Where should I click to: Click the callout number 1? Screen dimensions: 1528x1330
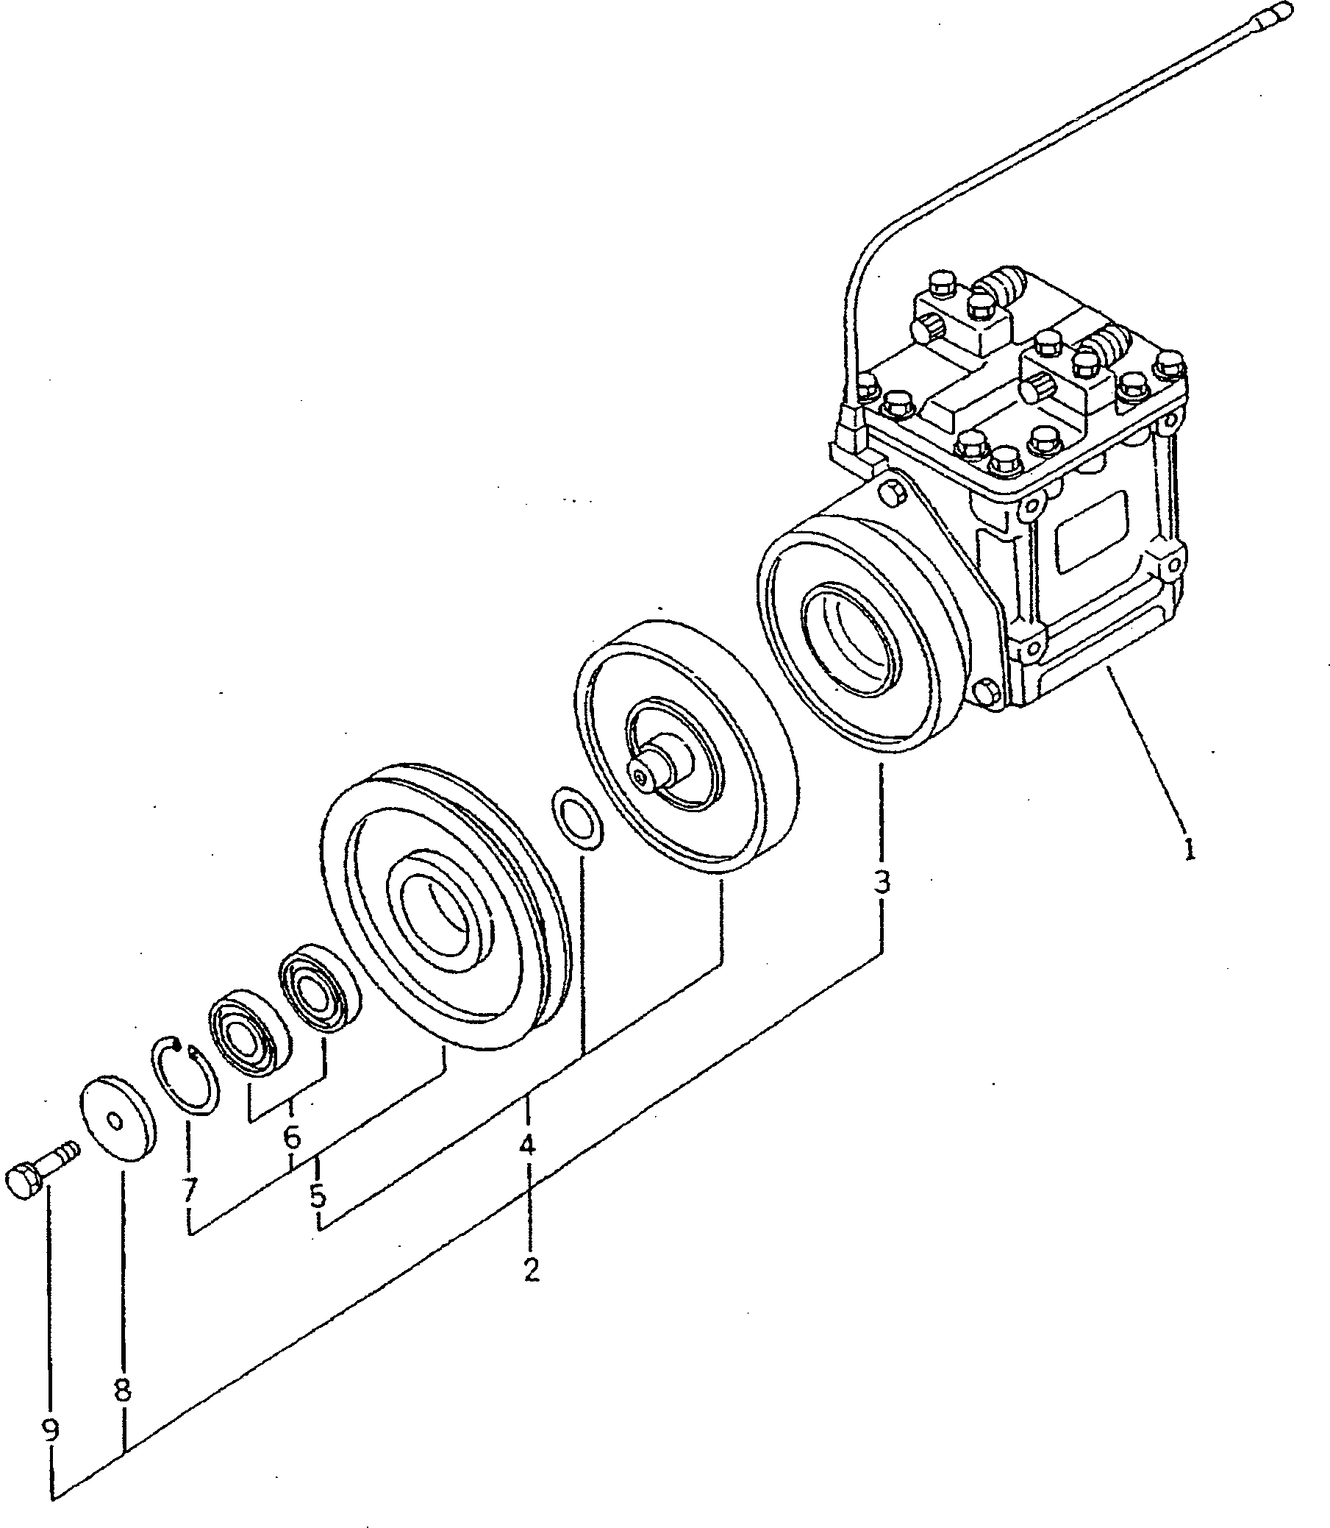pos(1189,848)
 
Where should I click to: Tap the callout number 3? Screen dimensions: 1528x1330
pos(881,882)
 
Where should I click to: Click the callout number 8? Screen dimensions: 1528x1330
pos(123,1389)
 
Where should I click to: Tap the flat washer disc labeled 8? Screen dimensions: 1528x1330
pos(117,1121)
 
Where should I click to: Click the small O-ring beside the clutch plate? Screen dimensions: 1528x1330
pos(576,817)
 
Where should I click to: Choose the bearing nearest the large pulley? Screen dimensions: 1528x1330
pos(318,989)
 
